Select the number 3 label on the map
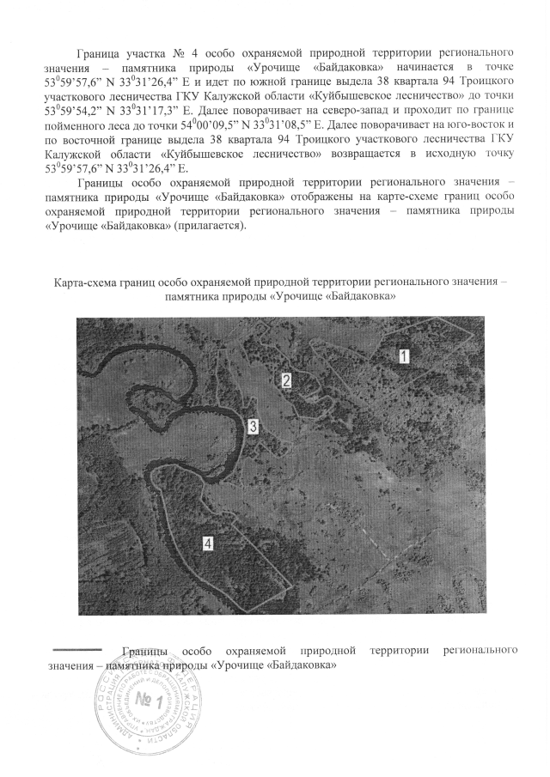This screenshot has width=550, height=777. [x=253, y=426]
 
